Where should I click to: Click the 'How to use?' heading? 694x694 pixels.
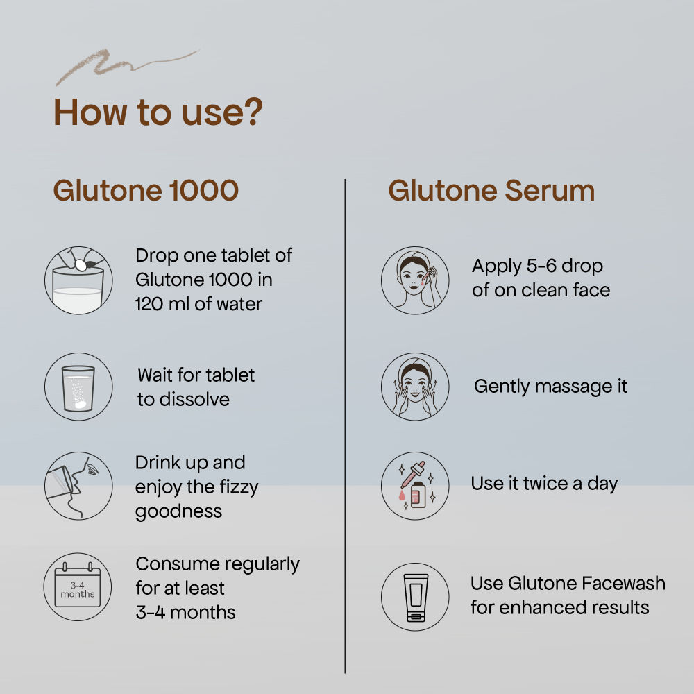click(158, 112)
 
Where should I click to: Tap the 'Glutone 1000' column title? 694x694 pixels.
click(146, 191)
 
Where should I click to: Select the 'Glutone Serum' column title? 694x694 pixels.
click(491, 191)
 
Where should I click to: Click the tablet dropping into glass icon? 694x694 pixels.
click(78, 280)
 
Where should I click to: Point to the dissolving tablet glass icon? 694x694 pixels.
click(78, 387)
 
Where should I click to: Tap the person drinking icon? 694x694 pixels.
click(78, 486)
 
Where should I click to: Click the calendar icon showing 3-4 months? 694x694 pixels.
click(78, 586)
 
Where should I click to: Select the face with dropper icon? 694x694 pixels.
click(415, 280)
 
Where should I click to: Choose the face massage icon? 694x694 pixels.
click(415, 387)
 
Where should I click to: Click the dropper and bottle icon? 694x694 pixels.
click(415, 486)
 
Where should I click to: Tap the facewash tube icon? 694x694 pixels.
click(415, 597)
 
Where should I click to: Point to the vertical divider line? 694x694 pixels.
click(345, 426)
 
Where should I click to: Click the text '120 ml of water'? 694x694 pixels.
click(198, 304)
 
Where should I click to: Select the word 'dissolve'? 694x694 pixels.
click(194, 399)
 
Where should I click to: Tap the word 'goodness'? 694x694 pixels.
click(178, 511)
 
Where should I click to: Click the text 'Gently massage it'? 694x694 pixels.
click(550, 387)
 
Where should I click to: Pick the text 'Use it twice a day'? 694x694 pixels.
click(544, 484)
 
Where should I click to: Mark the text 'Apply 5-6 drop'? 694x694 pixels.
click(537, 266)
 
